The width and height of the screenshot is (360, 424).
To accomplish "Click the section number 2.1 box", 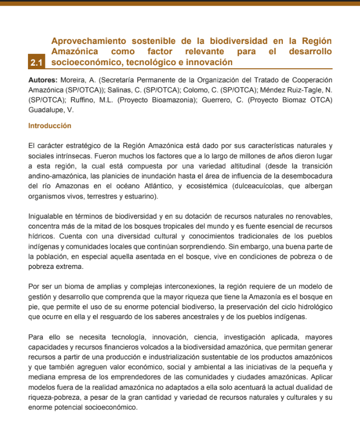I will tap(36, 63).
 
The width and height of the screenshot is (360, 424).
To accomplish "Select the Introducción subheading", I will tap(50, 126).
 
